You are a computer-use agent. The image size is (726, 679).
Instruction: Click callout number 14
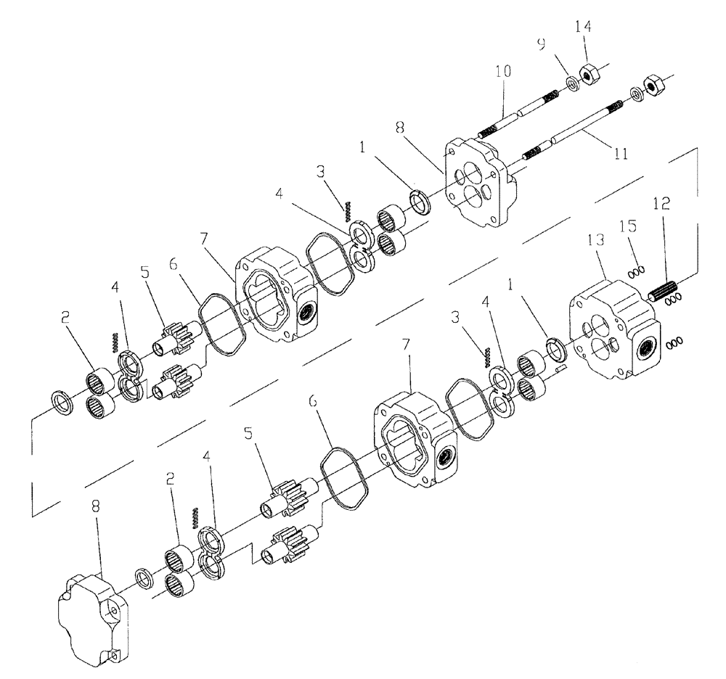583,27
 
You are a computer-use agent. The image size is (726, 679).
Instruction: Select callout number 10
503,72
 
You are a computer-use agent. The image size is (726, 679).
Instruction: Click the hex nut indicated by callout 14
588,75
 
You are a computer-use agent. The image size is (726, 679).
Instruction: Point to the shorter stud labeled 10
519,115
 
